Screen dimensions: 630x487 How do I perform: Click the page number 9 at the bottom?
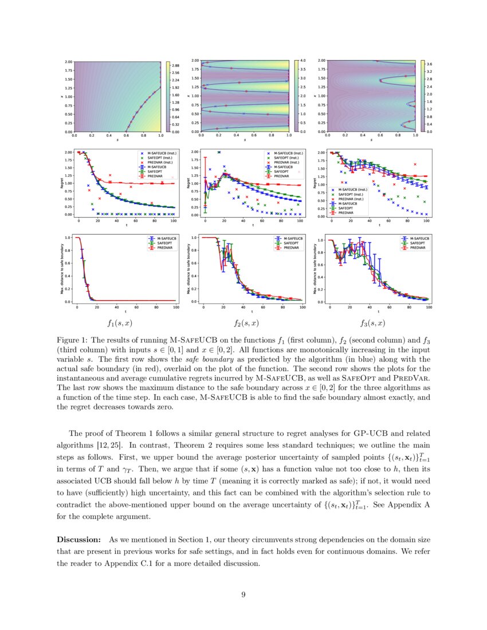click(244, 594)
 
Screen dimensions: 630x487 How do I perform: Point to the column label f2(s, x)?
click(246, 323)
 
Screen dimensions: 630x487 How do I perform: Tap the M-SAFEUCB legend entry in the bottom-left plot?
click(159, 237)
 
